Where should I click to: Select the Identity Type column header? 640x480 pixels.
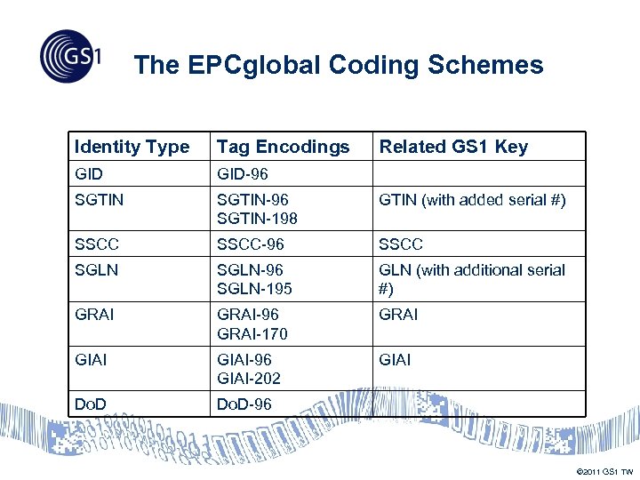(x=132, y=147)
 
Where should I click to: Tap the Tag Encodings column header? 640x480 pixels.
(x=283, y=147)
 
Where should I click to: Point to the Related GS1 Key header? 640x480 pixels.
(x=453, y=147)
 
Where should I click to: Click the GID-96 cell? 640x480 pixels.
(x=242, y=174)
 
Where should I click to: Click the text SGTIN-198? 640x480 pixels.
(x=257, y=218)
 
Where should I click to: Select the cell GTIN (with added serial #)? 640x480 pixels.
(x=472, y=200)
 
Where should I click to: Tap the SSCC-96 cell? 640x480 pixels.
(x=250, y=244)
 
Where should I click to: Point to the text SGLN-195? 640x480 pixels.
(x=254, y=289)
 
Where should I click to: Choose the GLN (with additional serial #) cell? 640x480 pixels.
(x=471, y=279)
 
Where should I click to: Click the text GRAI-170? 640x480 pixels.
(x=252, y=333)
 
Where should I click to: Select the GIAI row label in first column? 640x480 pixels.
(x=92, y=359)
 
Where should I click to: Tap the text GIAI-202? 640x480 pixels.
(x=249, y=378)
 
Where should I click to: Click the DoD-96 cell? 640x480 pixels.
(x=244, y=404)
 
